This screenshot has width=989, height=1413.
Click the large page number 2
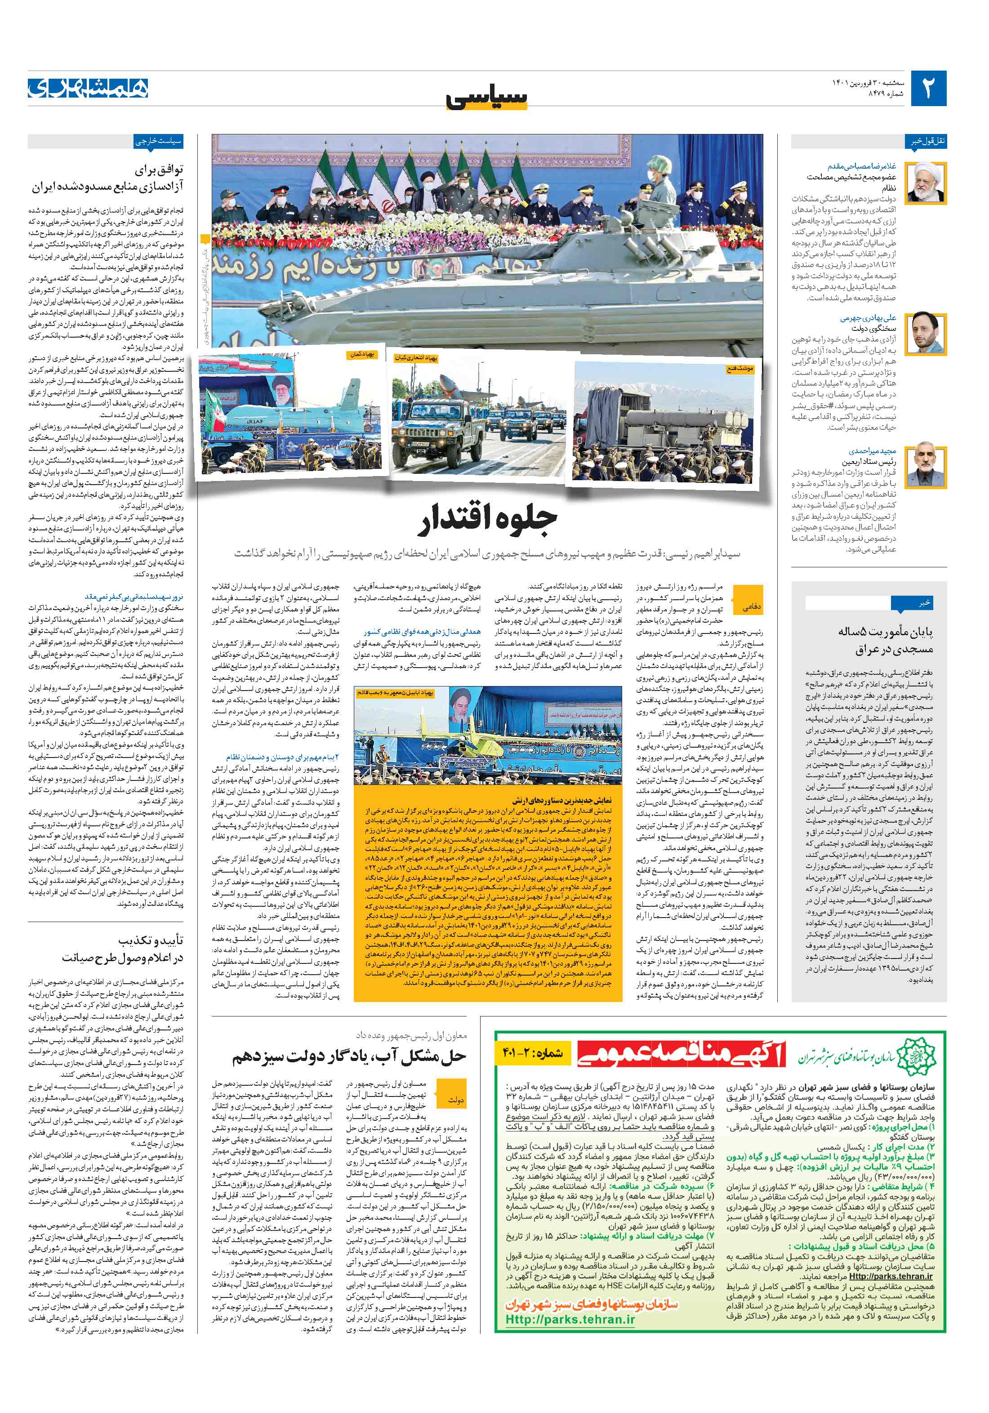927,89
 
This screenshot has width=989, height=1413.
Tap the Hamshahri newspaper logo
88,89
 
